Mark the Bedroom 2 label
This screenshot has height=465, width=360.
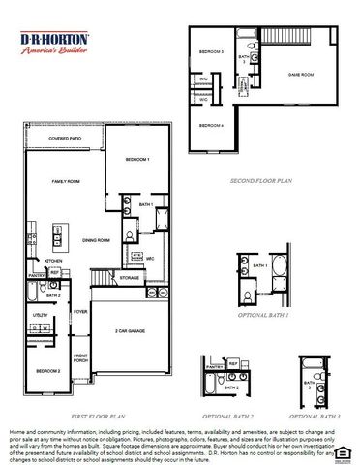pos(48,370)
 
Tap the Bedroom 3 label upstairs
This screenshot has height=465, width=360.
pos(211,52)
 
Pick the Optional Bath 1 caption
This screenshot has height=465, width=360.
pos(264,315)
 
